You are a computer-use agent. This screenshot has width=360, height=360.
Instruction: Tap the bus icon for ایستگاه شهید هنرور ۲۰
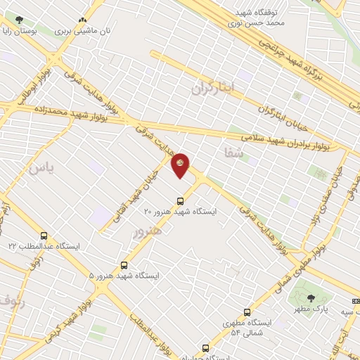click(x=181, y=199)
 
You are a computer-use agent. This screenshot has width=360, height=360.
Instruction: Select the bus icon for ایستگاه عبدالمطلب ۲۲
click(x=44, y=236)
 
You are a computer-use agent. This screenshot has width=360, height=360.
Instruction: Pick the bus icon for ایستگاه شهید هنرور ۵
click(x=124, y=265)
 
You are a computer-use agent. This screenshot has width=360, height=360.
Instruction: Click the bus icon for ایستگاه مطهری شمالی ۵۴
click(x=247, y=312)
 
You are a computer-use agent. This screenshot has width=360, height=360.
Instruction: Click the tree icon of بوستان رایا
click(x=18, y=20)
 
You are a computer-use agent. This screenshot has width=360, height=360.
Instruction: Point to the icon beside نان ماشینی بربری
click(x=83, y=20)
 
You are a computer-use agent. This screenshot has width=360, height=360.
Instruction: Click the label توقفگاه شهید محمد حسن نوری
click(x=259, y=17)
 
